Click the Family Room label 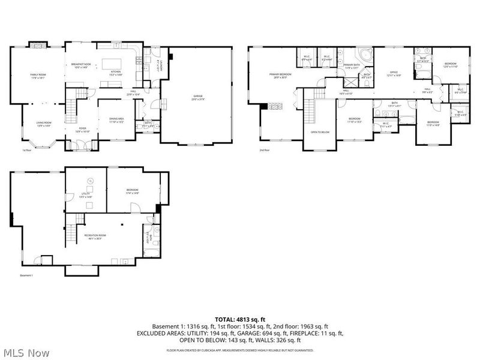(x=38, y=76)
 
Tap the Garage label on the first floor (x=197, y=97)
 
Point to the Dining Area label (x=115, y=120)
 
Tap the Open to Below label (x=319, y=132)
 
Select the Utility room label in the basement (x=85, y=194)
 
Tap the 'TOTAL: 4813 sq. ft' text (x=240, y=319)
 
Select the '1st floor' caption (x=27, y=150)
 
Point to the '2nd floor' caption (x=265, y=150)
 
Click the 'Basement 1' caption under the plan (x=26, y=275)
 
